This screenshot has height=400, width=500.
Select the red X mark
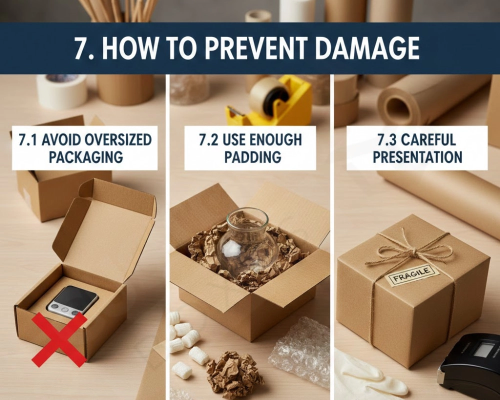coord(59,339)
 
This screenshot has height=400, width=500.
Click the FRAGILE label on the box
coord(411,275)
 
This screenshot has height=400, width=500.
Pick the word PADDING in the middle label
coord(252,157)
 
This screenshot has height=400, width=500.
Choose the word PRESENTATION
coord(417,157)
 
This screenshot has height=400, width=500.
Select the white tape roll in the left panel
coord(62,91)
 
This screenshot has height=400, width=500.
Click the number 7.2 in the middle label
coord(208,139)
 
